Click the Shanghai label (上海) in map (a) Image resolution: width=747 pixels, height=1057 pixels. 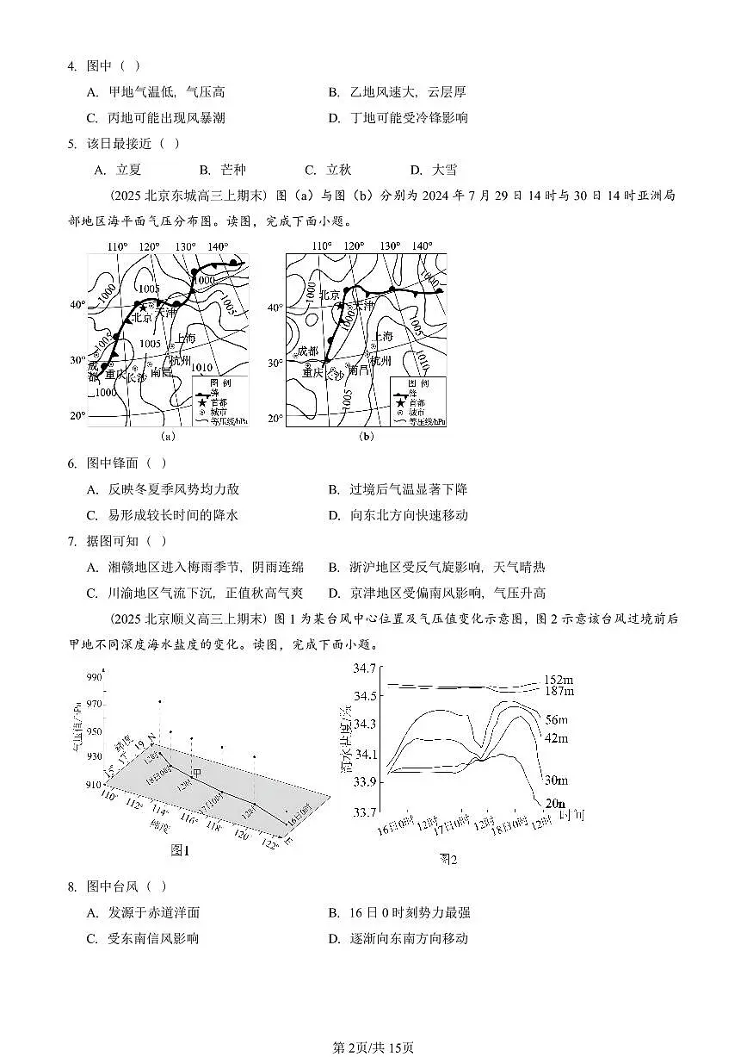pos(187,338)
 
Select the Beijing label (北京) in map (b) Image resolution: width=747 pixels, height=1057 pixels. pos(331,295)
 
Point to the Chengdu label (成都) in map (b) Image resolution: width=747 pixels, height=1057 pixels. pos(307,351)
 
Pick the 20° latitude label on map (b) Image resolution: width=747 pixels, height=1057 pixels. pos(275,419)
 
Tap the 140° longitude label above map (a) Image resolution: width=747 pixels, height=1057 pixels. pos(218,246)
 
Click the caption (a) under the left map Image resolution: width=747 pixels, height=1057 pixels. pos(169,437)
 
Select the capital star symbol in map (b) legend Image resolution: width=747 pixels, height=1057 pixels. pos(398,401)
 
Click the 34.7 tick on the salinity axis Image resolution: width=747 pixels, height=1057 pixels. pos(367,668)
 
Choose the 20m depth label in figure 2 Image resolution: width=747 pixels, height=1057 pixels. pos(553,805)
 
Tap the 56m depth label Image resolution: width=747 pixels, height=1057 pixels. pos(557,719)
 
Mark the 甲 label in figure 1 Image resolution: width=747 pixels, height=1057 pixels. pos(196,774)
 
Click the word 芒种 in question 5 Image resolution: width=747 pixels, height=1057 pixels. pos(232,170)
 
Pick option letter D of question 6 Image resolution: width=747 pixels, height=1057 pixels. pos(334,515)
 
